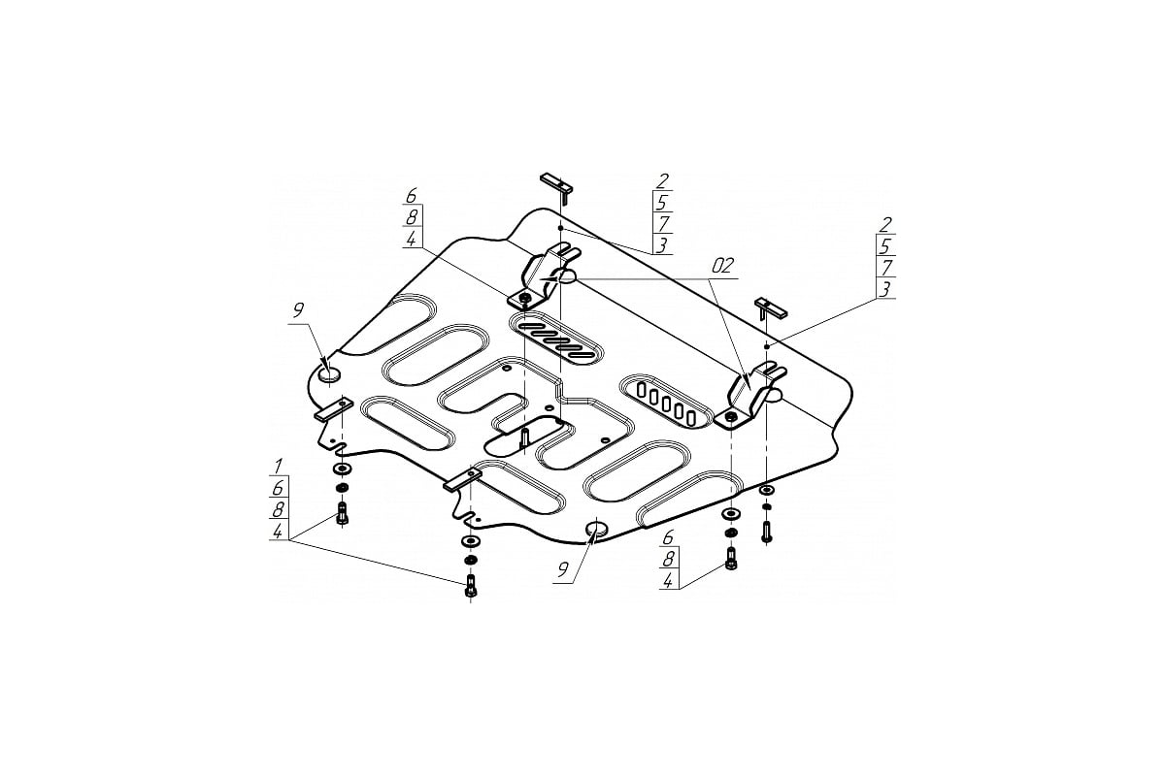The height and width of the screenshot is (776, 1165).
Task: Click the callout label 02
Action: (x=722, y=266)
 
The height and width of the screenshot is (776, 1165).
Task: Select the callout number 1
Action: (x=279, y=466)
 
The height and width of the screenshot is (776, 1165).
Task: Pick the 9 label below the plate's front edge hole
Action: (x=562, y=570)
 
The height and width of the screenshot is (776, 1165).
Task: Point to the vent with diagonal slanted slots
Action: (x=556, y=338)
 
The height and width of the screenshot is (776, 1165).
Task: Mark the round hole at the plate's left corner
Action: (x=329, y=374)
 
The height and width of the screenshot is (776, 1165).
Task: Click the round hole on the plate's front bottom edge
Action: (x=597, y=528)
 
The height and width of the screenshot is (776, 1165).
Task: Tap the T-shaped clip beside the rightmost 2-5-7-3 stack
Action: (x=770, y=308)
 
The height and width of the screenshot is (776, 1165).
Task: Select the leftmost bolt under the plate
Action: (x=342, y=512)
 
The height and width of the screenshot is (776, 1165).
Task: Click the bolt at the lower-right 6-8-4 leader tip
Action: (x=731, y=560)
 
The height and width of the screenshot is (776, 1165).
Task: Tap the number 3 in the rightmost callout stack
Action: (x=884, y=289)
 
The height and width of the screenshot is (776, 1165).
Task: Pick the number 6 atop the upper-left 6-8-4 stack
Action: (x=412, y=196)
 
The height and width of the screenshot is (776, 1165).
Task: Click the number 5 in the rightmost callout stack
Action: (x=885, y=245)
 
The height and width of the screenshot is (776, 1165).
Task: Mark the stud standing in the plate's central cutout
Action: (x=524, y=438)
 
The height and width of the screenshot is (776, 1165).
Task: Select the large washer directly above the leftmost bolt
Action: (x=342, y=469)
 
